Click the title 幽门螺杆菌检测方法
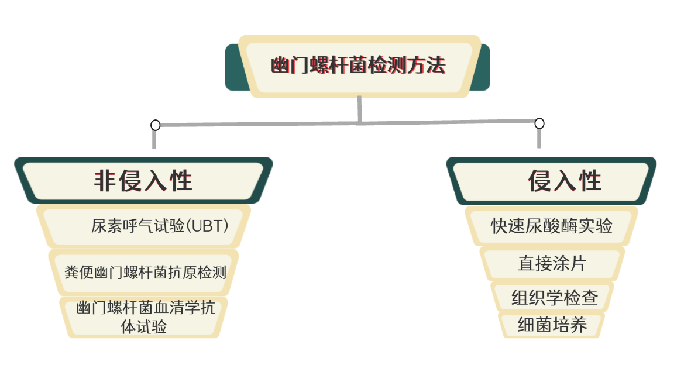click(358, 65)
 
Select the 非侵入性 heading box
click(143, 180)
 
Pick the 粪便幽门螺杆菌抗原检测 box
click(144, 272)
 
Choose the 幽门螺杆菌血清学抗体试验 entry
click(144, 317)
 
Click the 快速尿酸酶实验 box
click(551, 226)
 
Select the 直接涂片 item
click(552, 263)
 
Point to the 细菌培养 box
click(551, 325)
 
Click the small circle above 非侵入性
click(155, 125)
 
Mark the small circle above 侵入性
click(539, 123)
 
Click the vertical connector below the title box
click(360, 109)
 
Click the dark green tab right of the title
click(480, 67)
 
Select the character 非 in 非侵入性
click(105, 180)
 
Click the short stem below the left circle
click(154, 140)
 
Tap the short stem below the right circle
click(539, 139)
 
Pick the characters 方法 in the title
click(427, 65)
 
